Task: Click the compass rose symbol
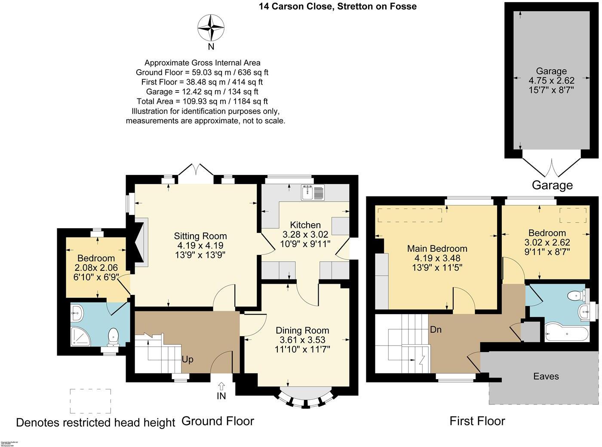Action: click(x=211, y=28)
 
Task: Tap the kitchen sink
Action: click(x=313, y=192)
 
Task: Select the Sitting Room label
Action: click(x=200, y=236)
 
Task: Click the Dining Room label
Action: click(x=302, y=330)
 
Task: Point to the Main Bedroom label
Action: click(x=437, y=248)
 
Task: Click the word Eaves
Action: click(x=546, y=377)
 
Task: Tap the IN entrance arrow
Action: click(x=221, y=386)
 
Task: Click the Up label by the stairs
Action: click(x=187, y=359)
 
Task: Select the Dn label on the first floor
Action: click(x=436, y=330)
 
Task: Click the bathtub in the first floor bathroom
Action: click(x=566, y=334)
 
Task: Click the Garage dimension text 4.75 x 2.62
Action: click(x=551, y=80)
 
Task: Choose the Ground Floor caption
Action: click(x=218, y=421)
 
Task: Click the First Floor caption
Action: click(x=477, y=421)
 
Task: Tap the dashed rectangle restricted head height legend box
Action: click(x=90, y=401)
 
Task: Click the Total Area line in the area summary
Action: click(x=202, y=101)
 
